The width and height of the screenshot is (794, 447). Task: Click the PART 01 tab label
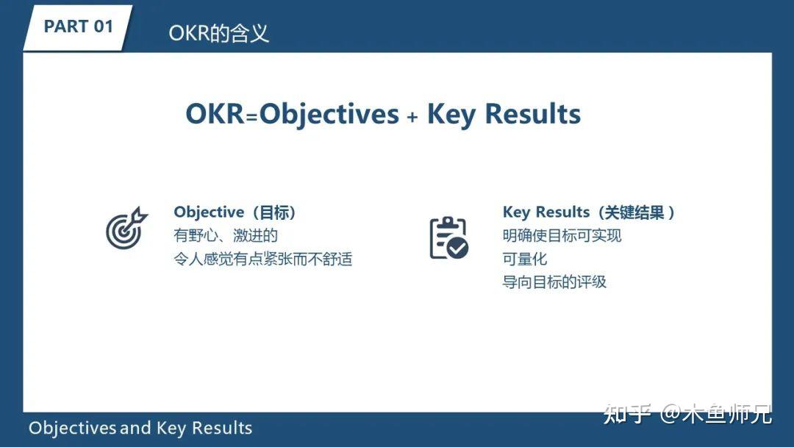78,26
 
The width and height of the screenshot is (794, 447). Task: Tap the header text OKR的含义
218,33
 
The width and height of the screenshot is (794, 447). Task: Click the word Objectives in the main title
329,115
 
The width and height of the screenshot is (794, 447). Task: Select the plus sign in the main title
412,117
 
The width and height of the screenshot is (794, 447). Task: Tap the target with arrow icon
126,228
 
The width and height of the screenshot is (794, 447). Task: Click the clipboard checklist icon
448,237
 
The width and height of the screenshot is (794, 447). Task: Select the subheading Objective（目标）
235,212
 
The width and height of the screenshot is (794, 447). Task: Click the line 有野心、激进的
226,236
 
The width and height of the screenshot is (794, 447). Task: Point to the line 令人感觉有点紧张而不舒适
262,259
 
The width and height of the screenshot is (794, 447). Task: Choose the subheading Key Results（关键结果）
588,212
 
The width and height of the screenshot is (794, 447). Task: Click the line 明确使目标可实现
562,236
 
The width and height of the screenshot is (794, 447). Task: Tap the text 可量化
525,259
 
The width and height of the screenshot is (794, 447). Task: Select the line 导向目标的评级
554,282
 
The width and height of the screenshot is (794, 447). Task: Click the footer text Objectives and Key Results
140,428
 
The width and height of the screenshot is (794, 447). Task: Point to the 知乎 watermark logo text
627,414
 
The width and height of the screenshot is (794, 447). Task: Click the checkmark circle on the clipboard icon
458,248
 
